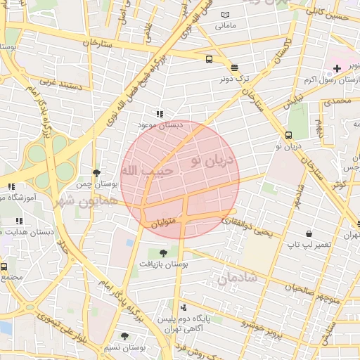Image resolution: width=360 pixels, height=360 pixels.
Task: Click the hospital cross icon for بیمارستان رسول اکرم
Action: pyautogui.click(x=337, y=69)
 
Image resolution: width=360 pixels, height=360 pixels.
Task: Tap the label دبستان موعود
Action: pyautogui.click(x=160, y=124)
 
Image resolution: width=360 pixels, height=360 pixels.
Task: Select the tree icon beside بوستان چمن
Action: pyautogui.click(x=96, y=173)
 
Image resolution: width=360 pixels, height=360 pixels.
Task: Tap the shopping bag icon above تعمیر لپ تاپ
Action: pyautogui.click(x=309, y=233)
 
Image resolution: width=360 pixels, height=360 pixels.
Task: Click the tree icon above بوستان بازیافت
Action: pyautogui.click(x=163, y=252)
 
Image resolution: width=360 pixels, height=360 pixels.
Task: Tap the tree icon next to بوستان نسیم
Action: pyautogui.click(x=124, y=337)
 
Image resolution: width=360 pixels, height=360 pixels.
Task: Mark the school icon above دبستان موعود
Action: pyautogui.click(x=160, y=113)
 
